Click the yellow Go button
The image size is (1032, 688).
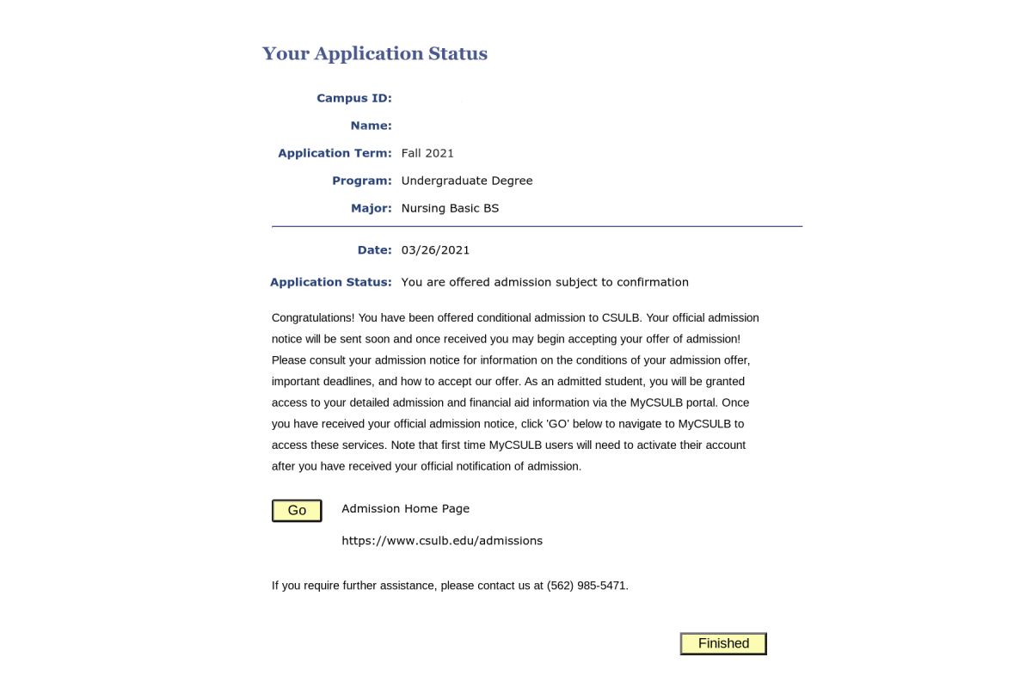[x=297, y=511]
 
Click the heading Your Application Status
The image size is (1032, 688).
[x=374, y=54]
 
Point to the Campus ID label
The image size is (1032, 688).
[x=353, y=98]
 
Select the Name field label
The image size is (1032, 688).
[x=371, y=126]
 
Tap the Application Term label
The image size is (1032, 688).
[x=335, y=153]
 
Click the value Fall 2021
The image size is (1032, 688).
[x=427, y=153]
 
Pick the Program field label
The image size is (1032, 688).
[x=361, y=181]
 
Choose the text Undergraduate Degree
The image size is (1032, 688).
[x=467, y=181]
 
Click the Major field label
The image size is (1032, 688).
[x=371, y=208]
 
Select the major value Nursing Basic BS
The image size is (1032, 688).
[x=450, y=208]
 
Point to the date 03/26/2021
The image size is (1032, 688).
[x=435, y=250]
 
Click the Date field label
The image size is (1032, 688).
[x=374, y=250]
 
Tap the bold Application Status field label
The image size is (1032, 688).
[x=331, y=282]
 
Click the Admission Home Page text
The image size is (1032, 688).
[x=405, y=508]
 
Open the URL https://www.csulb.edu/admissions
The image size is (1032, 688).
[x=442, y=541]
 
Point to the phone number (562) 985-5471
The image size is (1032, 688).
[x=587, y=586]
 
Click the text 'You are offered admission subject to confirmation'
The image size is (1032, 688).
[x=544, y=282]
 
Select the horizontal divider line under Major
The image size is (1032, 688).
[x=537, y=227]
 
